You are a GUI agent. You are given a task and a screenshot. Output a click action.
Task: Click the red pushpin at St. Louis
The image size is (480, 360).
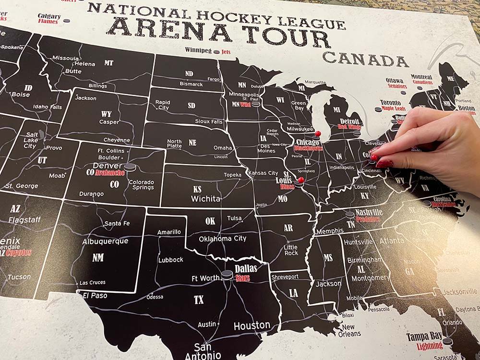coord(300,181)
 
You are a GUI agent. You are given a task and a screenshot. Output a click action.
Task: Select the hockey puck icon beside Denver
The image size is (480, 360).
coord(130,168)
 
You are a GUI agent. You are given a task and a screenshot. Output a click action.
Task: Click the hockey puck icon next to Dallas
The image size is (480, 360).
coord(227,275)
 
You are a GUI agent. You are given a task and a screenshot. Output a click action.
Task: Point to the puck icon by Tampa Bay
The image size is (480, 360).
coord(447,341)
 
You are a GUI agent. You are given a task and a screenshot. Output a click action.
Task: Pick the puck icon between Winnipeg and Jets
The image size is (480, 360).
coord(216,51)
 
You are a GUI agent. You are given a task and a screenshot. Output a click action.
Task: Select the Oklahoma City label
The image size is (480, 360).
coord(223,239)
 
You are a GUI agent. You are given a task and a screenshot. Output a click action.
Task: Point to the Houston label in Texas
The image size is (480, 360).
coord(252,326)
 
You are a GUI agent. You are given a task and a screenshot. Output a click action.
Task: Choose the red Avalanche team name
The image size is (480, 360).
coord(110,172)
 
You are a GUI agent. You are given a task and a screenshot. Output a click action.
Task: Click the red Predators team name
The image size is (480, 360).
coord(368,219)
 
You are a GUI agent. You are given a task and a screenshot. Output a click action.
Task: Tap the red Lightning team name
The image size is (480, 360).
coord(430,345)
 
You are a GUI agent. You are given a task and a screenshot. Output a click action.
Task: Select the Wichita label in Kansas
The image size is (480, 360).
coord(205,198)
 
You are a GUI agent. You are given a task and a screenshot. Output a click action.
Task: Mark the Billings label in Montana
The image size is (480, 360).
coord(97,86)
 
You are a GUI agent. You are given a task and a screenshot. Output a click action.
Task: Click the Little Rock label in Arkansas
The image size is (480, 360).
coord(291,250)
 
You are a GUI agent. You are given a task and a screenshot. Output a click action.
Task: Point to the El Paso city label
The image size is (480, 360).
coord(95,296)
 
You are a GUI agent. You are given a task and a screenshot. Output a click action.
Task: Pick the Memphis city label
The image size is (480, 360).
coord(329,231)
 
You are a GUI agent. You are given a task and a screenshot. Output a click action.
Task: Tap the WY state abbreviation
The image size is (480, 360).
coord(106,114)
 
